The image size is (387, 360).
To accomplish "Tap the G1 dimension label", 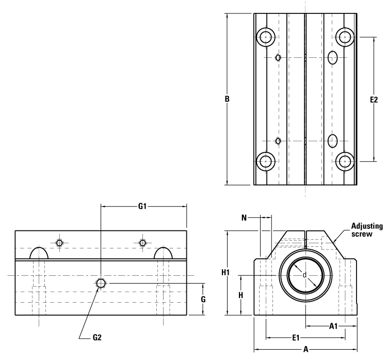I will [x=143, y=207].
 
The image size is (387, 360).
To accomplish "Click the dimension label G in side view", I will [x=203, y=299].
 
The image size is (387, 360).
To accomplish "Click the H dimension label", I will [x=241, y=295].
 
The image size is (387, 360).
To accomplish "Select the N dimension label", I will [x=244, y=218].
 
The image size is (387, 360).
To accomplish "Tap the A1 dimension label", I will [x=333, y=326].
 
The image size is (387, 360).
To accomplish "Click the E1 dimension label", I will [x=296, y=338].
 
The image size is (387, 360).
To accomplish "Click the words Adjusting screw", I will [x=366, y=230].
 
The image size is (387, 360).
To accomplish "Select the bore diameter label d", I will [x=304, y=275].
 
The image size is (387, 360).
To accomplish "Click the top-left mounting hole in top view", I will [x=266, y=37].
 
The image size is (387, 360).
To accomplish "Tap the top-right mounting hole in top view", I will [x=344, y=37].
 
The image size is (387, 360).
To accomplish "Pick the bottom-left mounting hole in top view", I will [x=266, y=161].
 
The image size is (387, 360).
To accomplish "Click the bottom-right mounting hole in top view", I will [x=344, y=161].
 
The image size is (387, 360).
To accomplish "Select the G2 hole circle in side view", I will [x=101, y=283].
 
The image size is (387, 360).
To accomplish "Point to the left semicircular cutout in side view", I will [x=40, y=253].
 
